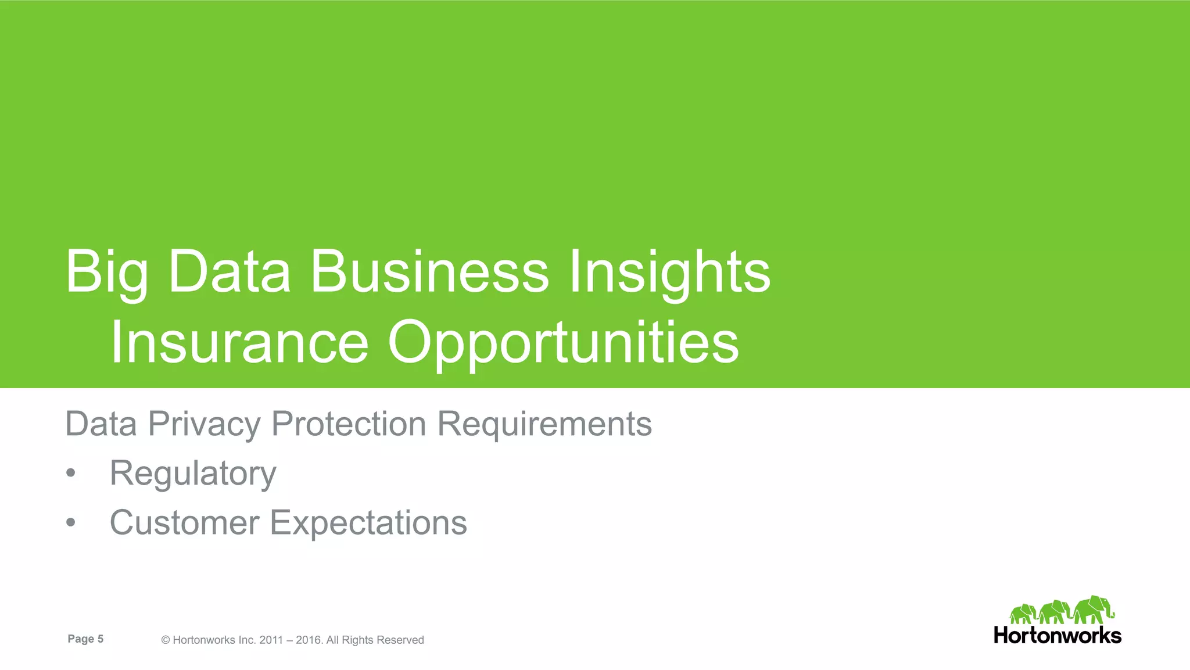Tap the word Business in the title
(x=429, y=271)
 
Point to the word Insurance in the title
(x=239, y=343)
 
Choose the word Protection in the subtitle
(x=349, y=424)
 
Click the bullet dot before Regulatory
(x=71, y=473)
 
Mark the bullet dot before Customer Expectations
(x=71, y=522)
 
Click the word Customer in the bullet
(x=184, y=522)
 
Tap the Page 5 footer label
(x=85, y=639)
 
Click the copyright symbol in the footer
(x=166, y=640)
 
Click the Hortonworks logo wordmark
(x=1057, y=635)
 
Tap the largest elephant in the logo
(x=1093, y=610)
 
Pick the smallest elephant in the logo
(x=1023, y=614)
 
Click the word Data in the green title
(x=229, y=271)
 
